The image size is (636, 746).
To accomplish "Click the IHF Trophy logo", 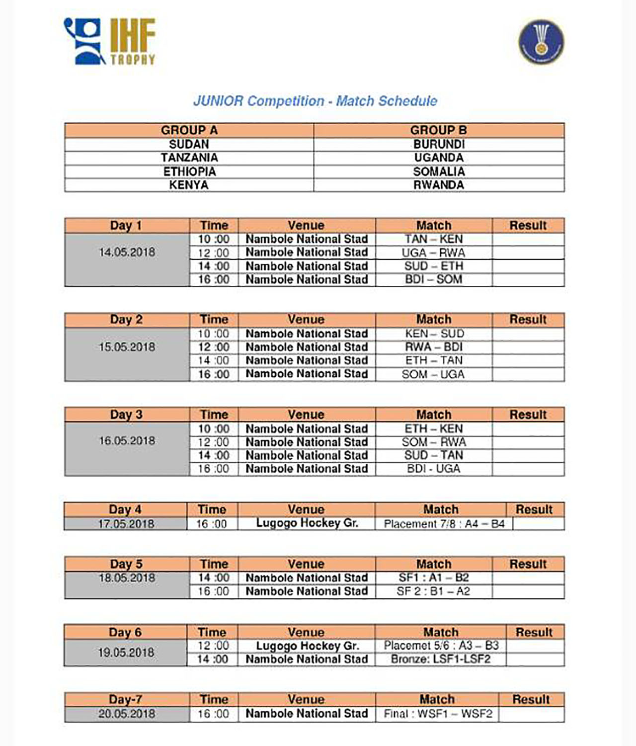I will tap(110, 42).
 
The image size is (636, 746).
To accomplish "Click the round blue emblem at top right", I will tap(541, 42).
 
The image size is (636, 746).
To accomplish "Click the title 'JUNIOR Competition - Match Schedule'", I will tap(315, 101).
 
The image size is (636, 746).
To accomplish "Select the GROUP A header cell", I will tap(189, 130).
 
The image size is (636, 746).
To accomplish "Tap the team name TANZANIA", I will tap(189, 158).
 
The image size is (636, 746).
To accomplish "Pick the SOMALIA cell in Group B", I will tap(439, 171).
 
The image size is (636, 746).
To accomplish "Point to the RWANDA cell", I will tap(439, 185).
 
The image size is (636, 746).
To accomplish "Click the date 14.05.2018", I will tap(127, 252).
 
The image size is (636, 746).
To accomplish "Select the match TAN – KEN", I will tap(433, 239).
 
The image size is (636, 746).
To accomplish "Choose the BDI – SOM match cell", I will tap(433, 279).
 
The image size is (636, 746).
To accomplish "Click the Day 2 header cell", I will tap(126, 320).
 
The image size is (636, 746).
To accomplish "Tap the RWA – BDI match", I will tap(433, 347).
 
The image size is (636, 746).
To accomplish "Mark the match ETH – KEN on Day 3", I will tap(433, 428).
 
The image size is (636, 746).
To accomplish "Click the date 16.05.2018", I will tap(127, 441).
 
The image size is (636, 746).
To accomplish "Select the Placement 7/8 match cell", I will tap(444, 524).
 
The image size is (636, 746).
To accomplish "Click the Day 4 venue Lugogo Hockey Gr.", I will tap(307, 523).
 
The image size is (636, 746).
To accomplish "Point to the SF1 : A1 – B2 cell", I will tap(433, 578).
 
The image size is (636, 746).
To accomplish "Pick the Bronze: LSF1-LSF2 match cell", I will tap(440, 660).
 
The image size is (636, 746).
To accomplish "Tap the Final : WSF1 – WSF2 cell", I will tap(437, 714).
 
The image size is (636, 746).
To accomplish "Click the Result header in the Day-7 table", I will tap(531, 699).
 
